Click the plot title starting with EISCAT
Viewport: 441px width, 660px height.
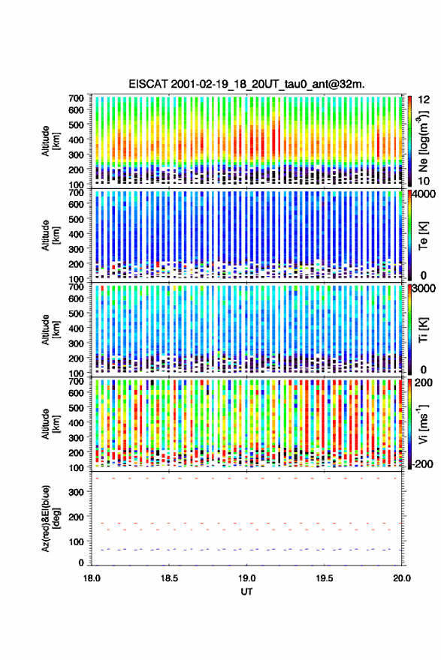[x=246, y=84]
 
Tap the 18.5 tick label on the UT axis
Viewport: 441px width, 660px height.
[x=169, y=578]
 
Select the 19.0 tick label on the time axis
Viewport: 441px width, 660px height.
[x=246, y=578]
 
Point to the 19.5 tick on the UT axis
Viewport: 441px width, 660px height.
[x=325, y=578]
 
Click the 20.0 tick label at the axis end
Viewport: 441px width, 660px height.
[x=402, y=578]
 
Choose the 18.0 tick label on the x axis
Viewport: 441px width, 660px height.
[x=92, y=578]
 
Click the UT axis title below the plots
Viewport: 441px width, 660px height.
[x=246, y=592]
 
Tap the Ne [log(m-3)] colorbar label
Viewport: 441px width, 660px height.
[x=423, y=141]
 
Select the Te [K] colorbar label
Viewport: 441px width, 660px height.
[x=423, y=235]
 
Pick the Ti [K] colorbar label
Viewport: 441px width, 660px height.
[x=423, y=330]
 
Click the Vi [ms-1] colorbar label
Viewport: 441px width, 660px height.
[x=423, y=424]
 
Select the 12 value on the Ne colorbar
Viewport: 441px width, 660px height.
[x=424, y=99]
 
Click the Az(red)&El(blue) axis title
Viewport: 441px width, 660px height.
[x=50, y=518]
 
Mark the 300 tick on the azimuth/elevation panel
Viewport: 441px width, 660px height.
[x=77, y=492]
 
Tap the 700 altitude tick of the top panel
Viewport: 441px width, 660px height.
[x=76, y=98]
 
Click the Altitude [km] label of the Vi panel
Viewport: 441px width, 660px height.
[x=50, y=424]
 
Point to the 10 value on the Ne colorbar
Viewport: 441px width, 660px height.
[x=424, y=181]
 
